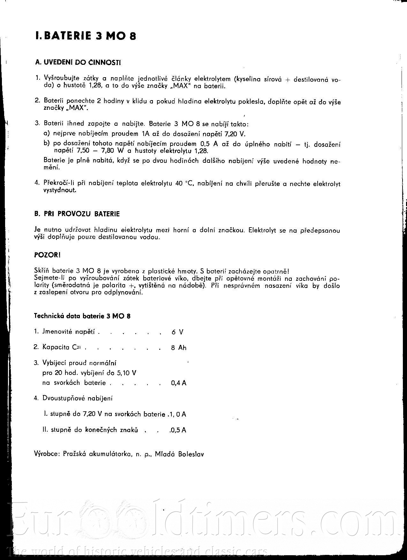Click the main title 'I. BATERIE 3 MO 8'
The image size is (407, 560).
pos(86,36)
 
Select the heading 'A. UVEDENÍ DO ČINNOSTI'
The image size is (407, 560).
pos(78,63)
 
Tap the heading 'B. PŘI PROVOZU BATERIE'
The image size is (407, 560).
pos(77,214)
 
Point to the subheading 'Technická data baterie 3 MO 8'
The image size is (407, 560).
pos(82,316)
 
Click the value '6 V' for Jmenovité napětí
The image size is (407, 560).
pos(177,332)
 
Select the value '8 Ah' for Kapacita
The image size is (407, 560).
pos(178,348)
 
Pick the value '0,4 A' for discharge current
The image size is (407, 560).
pos(178,383)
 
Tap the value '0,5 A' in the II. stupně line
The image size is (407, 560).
pos(178,430)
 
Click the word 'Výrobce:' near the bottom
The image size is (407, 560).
pos(47,454)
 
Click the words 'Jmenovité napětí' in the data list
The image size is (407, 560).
pos(69,332)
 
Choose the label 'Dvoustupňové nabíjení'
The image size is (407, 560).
pos(78,398)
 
